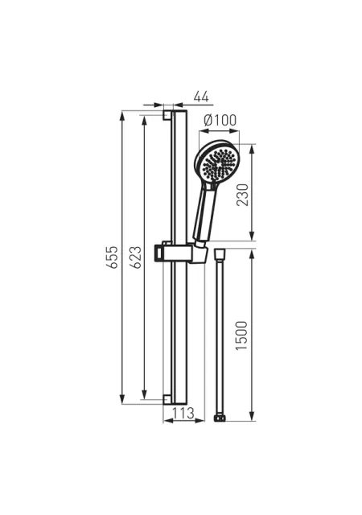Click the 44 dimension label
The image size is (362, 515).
tap(201, 97)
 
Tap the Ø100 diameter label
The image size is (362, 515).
tap(220, 120)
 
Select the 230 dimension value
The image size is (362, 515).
tap(243, 195)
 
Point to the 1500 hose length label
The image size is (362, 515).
tap(242, 336)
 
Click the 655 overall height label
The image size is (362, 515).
tap(113, 257)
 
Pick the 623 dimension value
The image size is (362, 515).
tap(136, 257)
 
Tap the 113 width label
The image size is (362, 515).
tap(183, 413)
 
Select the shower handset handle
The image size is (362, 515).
tap(205, 212)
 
